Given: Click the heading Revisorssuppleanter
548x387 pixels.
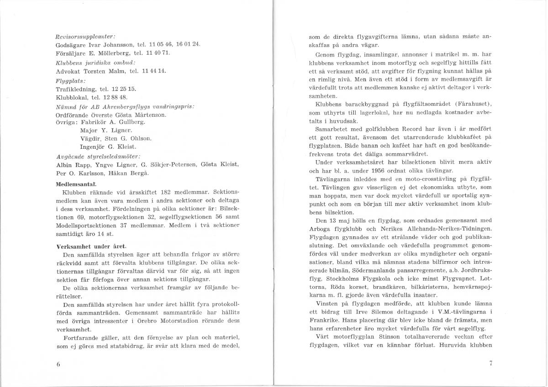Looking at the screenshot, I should coord(79,36).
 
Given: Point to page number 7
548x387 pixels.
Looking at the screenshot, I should coord(490,364).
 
